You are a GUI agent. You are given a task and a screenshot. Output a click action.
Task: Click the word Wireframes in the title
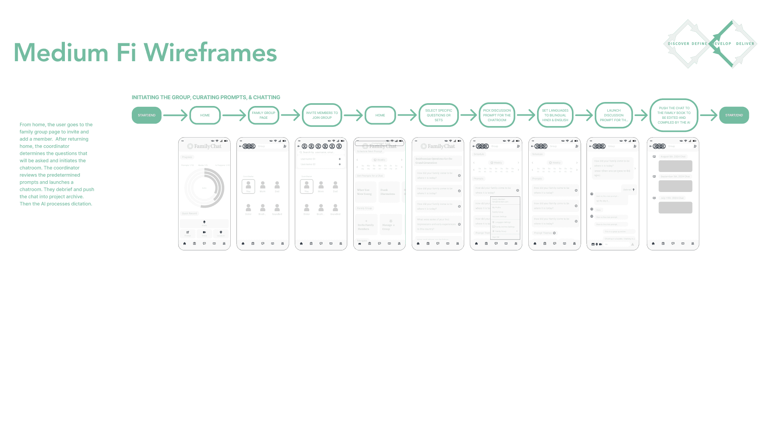pos(210,52)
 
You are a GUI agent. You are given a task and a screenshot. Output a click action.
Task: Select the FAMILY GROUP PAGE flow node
pos(263,115)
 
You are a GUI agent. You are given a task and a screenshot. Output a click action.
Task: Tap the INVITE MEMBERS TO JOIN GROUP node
pos(322,115)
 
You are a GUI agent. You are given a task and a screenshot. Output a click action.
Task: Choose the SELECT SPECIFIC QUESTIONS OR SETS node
pos(439,115)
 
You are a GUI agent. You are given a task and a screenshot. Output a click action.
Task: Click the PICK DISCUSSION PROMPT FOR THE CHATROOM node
pos(497,115)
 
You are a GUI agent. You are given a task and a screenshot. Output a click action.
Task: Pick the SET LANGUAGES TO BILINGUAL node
pos(555,115)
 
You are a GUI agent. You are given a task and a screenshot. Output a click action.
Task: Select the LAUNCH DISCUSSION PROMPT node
pos(614,115)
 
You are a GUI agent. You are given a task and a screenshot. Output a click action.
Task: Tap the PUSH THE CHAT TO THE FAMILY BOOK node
pos(674,115)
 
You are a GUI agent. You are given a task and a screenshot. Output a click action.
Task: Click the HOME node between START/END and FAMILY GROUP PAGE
pos(205,115)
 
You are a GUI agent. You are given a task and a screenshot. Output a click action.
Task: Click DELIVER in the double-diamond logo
pos(745,44)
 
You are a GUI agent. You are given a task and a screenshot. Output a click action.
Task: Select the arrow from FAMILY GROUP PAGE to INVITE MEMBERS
pos(291,115)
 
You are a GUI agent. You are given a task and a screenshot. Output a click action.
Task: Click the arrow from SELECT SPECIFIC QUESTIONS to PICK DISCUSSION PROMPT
pos(469,115)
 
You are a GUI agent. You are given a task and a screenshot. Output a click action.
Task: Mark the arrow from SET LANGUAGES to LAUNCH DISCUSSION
pos(584,115)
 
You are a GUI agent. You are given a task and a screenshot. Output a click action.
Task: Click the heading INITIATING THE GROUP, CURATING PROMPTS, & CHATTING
pos(206,97)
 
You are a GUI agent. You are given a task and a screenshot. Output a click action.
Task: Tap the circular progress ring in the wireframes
pos(204,188)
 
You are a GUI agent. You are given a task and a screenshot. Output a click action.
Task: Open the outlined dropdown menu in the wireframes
pos(505,218)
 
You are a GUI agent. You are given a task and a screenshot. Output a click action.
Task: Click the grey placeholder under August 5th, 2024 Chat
pos(675,166)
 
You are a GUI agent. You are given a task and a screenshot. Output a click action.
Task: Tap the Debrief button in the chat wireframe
pos(629,190)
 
